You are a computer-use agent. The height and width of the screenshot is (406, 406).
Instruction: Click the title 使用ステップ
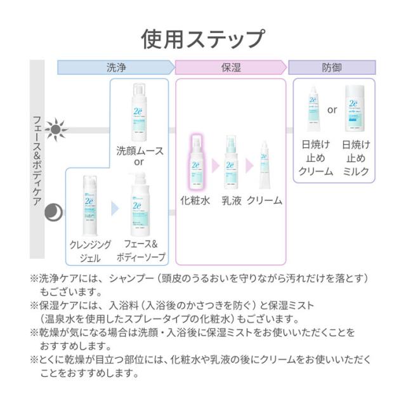pos(202,38)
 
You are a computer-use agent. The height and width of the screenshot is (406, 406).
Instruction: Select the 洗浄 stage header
pos(115,67)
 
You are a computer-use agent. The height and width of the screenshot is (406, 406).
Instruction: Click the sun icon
pos(55,130)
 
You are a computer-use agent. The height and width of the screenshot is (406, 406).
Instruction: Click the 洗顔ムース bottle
pos(139,111)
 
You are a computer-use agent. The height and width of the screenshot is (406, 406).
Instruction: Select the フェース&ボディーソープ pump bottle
pos(141,209)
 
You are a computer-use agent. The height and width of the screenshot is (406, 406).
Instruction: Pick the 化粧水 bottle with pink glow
pos(195,162)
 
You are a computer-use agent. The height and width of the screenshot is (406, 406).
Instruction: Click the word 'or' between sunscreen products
pos(332,110)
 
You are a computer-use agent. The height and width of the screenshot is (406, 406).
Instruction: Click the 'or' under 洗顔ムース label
pos(139,163)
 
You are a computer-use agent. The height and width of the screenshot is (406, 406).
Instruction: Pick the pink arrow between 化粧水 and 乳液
pos(214,166)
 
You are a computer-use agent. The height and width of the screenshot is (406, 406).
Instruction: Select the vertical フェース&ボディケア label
pos(37,162)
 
